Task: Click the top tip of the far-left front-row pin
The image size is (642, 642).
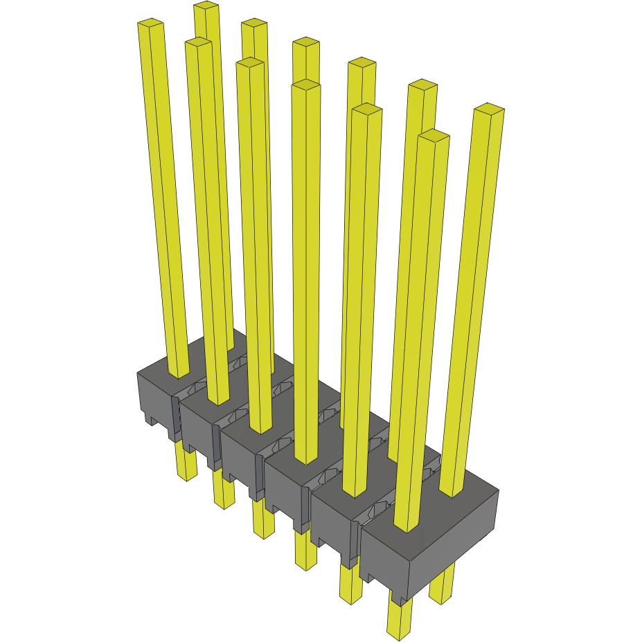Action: [151, 24]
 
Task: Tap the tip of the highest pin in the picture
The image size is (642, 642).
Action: [206, 6]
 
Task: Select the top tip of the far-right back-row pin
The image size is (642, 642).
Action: [488, 109]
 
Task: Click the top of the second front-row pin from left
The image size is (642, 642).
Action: [198, 43]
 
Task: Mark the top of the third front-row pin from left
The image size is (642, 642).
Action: [249, 63]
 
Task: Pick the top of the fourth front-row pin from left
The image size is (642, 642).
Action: [306, 84]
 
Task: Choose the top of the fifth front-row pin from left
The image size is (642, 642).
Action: [367, 109]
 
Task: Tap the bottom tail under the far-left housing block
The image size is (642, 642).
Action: [187, 474]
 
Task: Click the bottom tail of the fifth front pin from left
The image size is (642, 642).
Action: [350, 598]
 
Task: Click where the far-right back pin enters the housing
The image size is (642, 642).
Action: [451, 493]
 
